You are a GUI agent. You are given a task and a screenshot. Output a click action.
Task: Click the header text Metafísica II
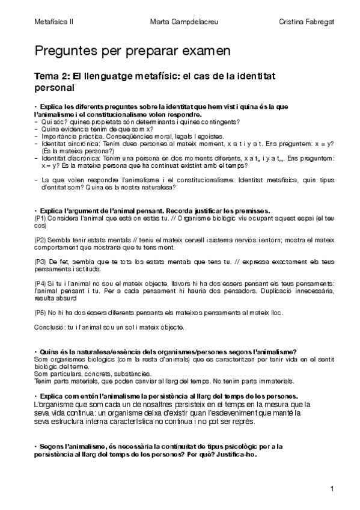coord(54,22)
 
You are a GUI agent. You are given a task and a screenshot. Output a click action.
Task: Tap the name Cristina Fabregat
coord(307,22)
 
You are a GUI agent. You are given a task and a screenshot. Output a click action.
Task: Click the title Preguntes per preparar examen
coord(132,52)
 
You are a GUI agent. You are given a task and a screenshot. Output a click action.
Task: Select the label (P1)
coord(40,218)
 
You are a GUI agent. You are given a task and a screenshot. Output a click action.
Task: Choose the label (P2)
coord(40,240)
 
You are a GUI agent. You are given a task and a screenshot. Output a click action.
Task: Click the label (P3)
coord(40,262)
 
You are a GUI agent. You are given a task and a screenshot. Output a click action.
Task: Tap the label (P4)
coord(40,283)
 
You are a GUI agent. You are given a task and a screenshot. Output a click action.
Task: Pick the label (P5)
coord(40,313)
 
